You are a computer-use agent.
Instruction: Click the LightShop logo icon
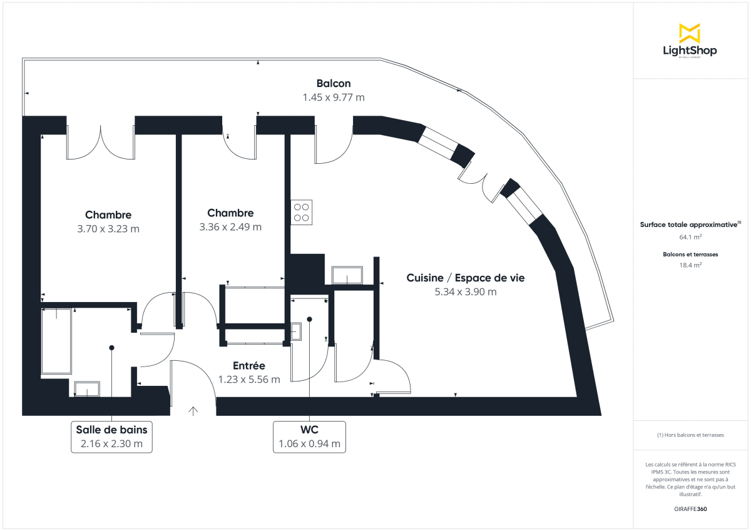[690, 33]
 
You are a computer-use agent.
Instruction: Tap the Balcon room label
[333, 83]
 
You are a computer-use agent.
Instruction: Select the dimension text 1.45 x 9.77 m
[333, 98]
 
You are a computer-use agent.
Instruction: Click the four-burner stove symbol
[302, 212]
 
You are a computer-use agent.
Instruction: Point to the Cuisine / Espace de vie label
[466, 278]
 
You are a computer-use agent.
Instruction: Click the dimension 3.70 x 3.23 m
[108, 229]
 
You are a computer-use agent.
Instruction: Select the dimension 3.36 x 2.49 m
[230, 227]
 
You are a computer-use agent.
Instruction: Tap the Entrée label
[249, 366]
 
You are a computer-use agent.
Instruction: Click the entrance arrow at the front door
[193, 411]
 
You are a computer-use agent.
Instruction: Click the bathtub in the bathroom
[57, 340]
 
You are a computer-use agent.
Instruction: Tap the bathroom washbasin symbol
[87, 388]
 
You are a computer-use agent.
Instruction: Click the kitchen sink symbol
[347, 275]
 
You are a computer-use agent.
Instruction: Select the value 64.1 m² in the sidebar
[690, 237]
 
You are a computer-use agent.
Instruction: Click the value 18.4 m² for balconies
[690, 265]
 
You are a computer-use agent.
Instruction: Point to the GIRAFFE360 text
[690, 509]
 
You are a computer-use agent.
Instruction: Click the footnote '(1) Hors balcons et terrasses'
[690, 435]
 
